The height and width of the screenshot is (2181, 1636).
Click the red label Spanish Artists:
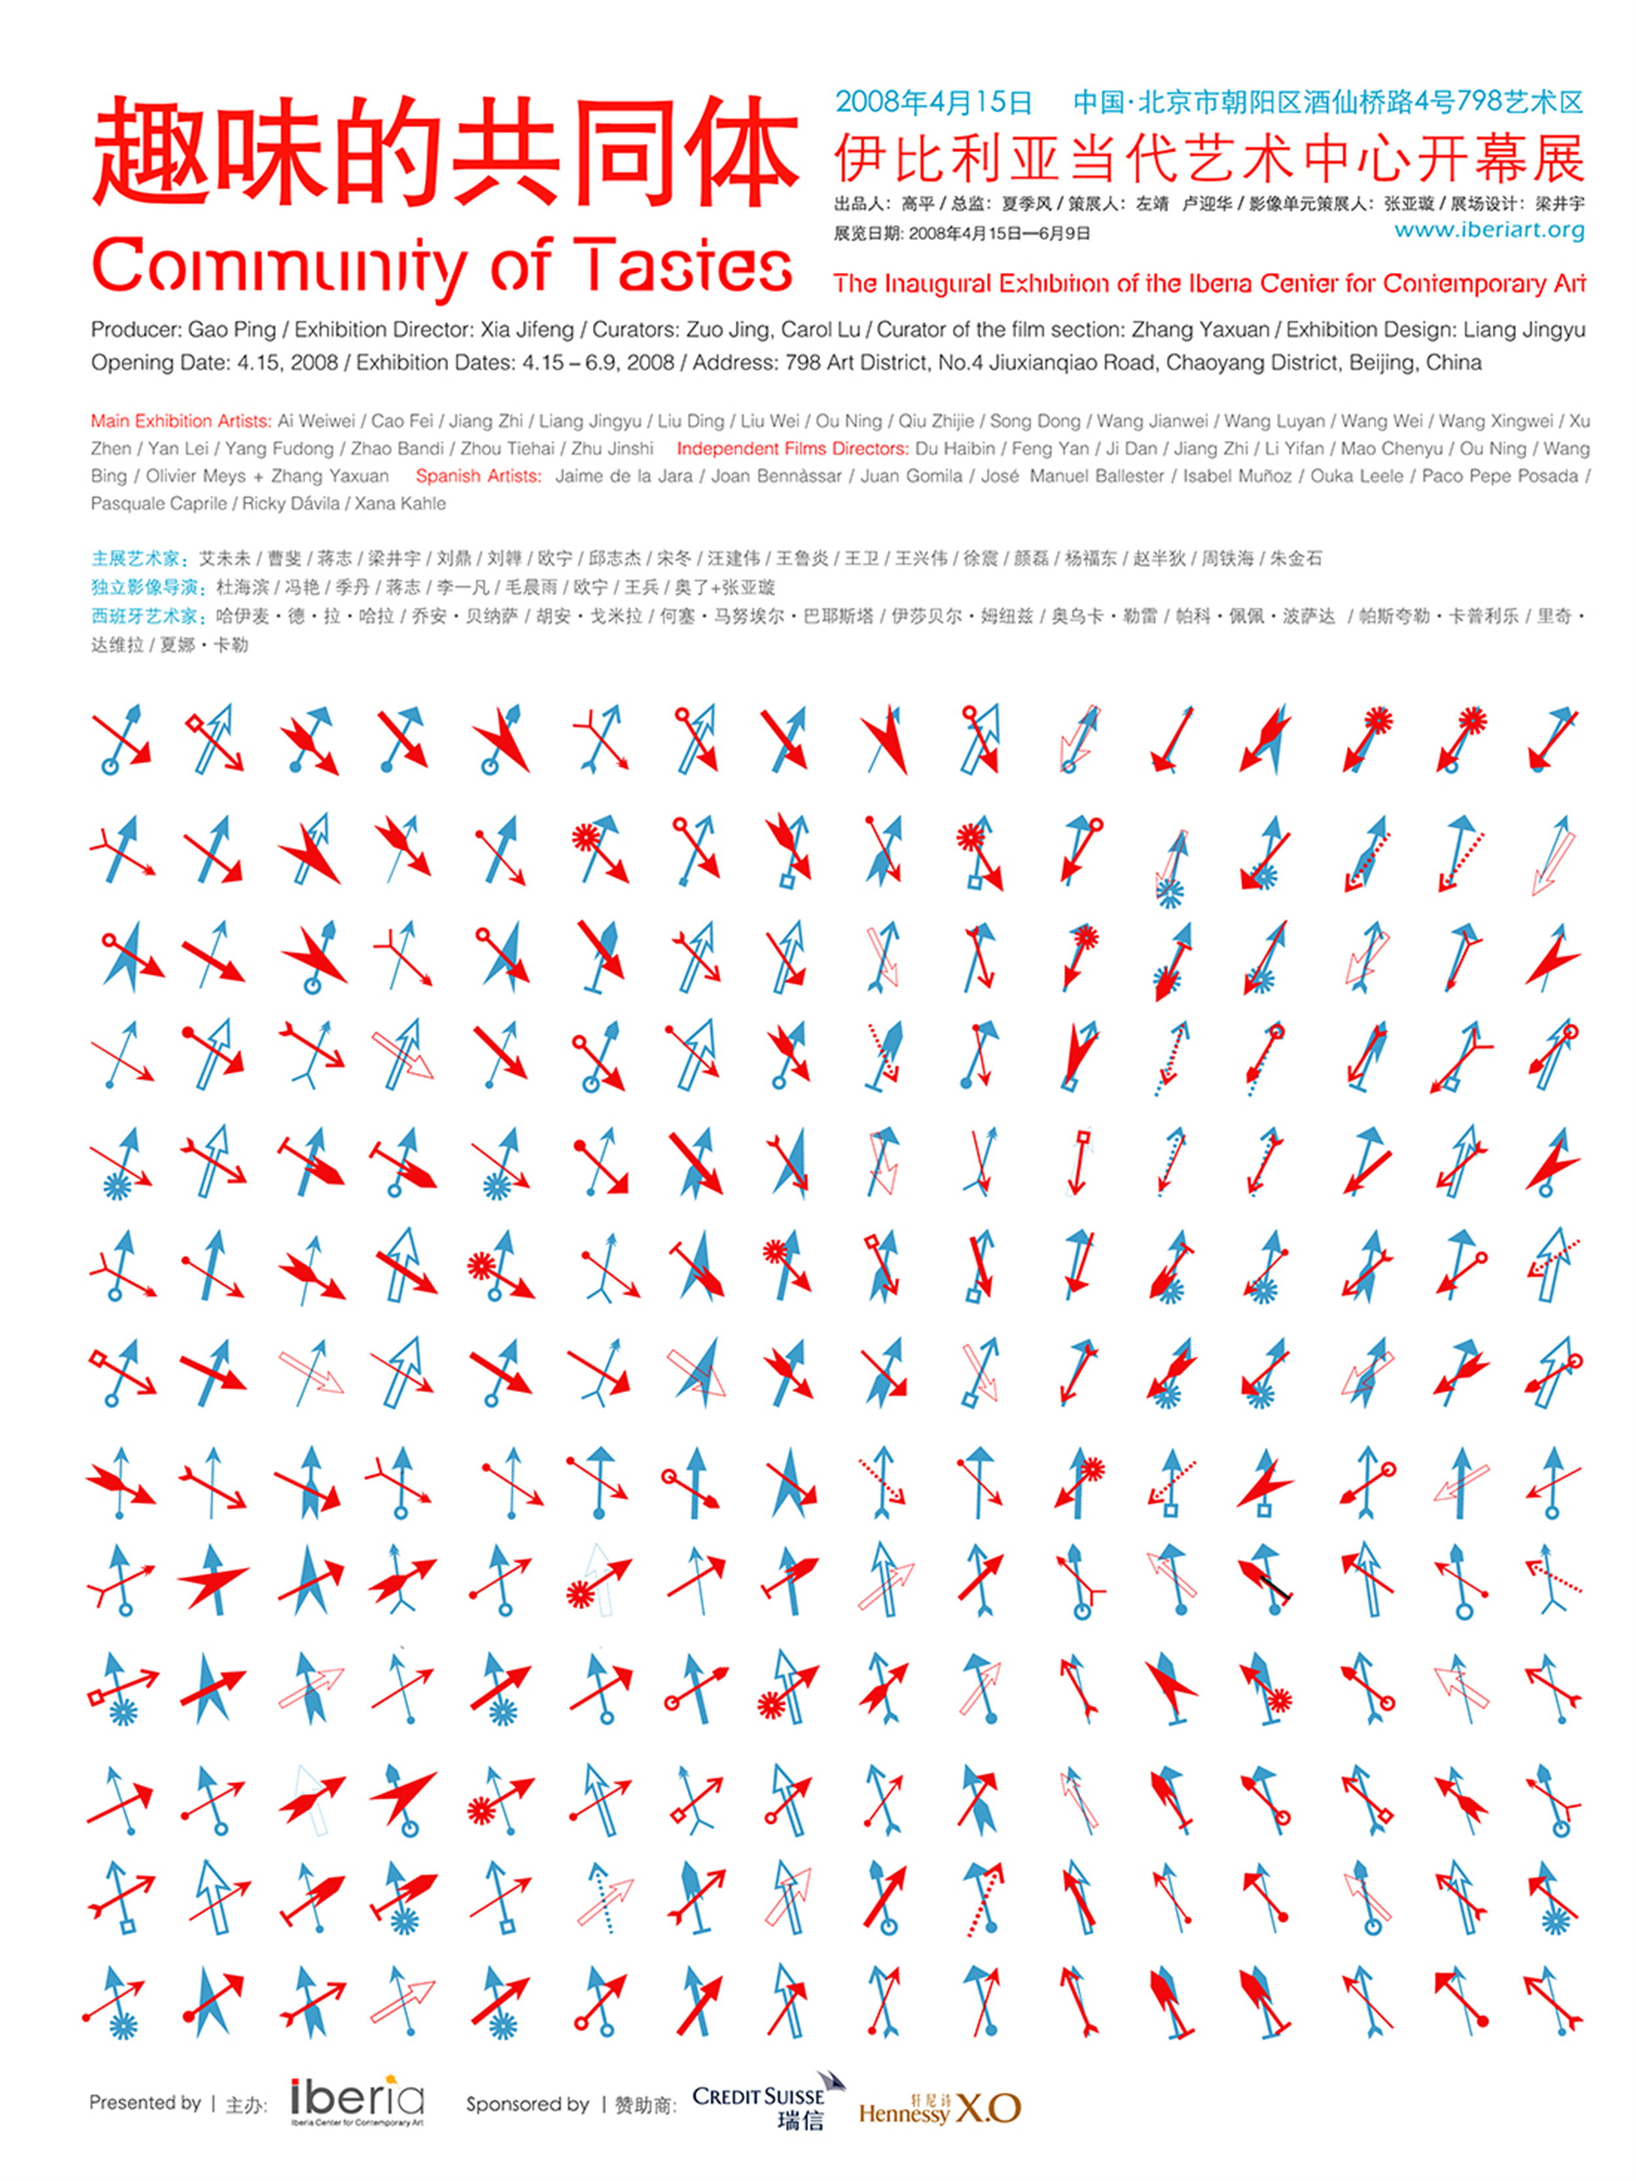pos(478,476)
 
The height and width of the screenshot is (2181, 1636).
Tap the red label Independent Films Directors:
pos(792,449)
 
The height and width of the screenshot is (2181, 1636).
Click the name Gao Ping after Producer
pos(232,329)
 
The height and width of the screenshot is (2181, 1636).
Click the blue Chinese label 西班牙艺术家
pos(143,616)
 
